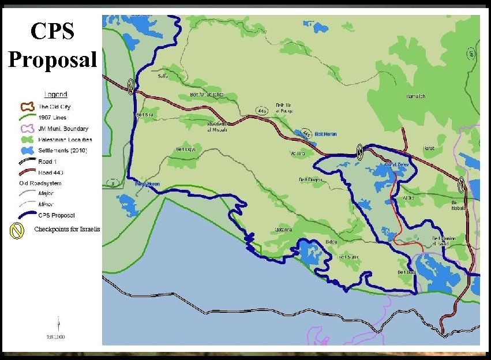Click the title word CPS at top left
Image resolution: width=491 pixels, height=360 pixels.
(53, 31)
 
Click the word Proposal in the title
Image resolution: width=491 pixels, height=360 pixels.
(53, 59)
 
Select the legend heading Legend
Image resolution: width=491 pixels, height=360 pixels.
(56, 94)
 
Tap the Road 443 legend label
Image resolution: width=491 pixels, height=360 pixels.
(54, 172)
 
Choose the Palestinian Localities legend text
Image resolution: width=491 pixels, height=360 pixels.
(65, 140)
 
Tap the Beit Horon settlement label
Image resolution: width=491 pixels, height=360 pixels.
(327, 134)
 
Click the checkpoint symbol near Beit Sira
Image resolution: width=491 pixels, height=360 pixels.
(132, 87)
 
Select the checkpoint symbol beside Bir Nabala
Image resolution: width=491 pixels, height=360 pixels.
(461, 185)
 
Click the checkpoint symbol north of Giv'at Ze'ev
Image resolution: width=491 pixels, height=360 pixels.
(359, 152)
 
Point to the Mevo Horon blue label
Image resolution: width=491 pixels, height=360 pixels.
(147, 184)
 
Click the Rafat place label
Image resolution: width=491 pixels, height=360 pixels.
(429, 148)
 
